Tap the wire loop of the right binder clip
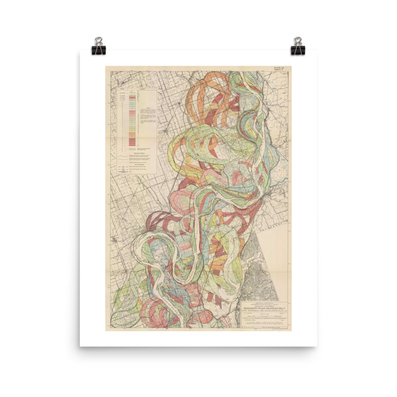tap(298, 41)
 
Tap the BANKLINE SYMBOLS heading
tap(137, 152)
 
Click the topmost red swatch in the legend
tap(132, 96)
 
